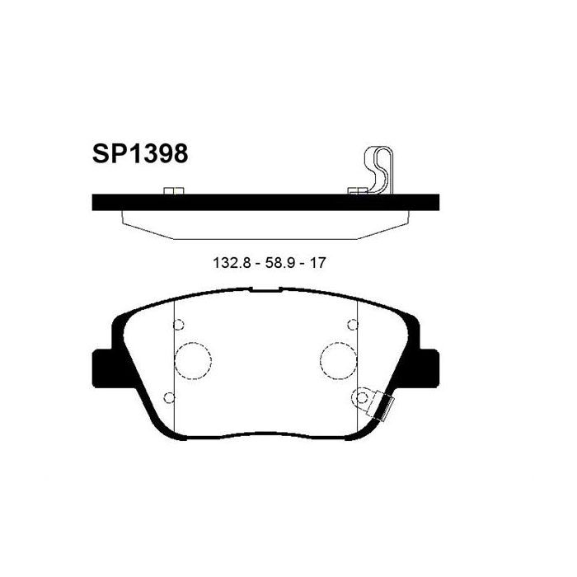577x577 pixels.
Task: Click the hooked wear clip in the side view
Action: [380, 169]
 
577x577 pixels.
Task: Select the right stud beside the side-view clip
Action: [356, 192]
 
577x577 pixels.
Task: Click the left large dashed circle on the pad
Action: [194, 359]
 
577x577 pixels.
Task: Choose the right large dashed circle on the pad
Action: [337, 359]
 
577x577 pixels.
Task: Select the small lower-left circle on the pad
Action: [170, 398]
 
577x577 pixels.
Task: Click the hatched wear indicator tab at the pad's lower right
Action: [383, 406]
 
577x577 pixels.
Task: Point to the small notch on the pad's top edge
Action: [265, 289]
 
